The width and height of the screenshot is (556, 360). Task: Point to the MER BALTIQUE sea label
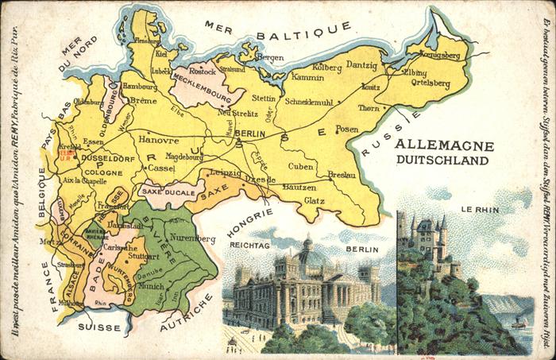coord(277,29)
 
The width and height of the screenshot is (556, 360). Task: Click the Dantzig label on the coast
coord(361,64)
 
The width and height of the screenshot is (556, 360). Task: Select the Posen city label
coord(347,129)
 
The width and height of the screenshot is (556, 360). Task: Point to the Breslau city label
coord(341,174)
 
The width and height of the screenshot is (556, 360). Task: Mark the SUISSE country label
coord(99,327)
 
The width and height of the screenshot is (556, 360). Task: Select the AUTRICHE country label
coord(186,313)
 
